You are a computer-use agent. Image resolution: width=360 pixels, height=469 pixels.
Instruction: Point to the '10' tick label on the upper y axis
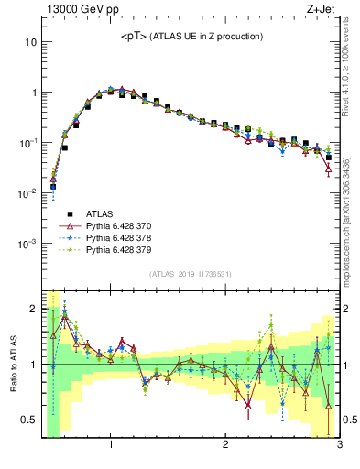31,42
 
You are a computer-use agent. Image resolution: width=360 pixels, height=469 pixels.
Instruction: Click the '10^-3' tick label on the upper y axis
27,244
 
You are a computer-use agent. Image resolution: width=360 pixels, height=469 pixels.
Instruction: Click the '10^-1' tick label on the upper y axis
27,143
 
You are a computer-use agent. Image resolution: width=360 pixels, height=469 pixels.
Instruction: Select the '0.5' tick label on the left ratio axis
29,420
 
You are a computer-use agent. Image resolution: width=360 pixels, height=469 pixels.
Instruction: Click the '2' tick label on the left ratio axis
34,310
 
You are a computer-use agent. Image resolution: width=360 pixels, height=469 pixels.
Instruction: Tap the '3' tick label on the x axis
339,446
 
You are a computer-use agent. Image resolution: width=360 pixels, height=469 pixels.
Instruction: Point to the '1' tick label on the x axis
111,446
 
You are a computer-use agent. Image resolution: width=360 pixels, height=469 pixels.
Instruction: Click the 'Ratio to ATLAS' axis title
12,365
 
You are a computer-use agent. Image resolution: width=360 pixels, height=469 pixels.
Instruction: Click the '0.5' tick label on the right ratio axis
349,420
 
